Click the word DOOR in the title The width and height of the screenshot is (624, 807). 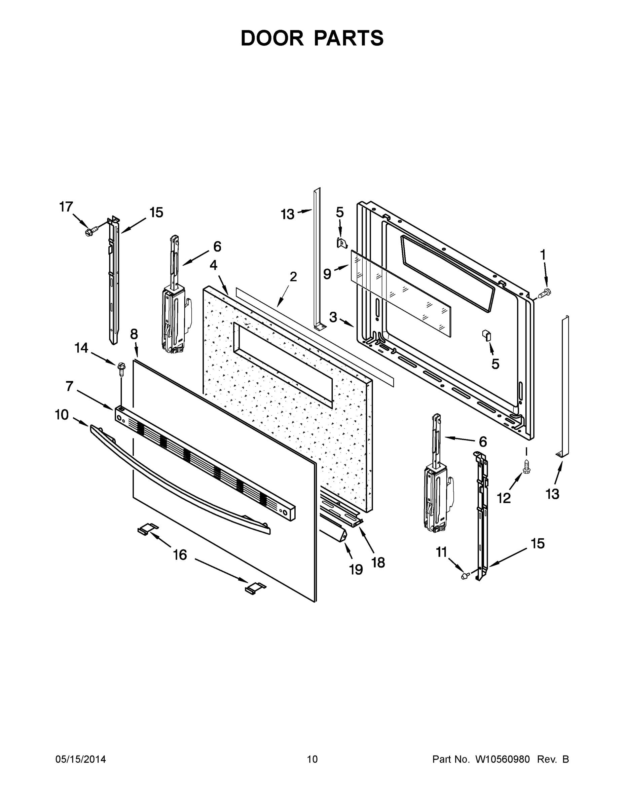pos(272,38)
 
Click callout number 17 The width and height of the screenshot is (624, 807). pos(66,207)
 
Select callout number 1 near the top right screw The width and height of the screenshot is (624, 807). pos(543,255)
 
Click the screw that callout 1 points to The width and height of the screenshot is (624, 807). pos(545,294)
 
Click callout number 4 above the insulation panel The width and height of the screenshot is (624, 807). pos(213,265)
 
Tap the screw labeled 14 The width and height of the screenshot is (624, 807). pos(121,368)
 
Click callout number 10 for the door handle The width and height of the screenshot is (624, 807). pos(62,415)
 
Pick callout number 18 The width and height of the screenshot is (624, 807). pos(378,563)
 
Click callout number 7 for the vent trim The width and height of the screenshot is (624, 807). pos(69,386)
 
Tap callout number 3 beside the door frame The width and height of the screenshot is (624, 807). pos(333,317)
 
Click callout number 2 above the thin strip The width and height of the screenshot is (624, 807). pos(293,276)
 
